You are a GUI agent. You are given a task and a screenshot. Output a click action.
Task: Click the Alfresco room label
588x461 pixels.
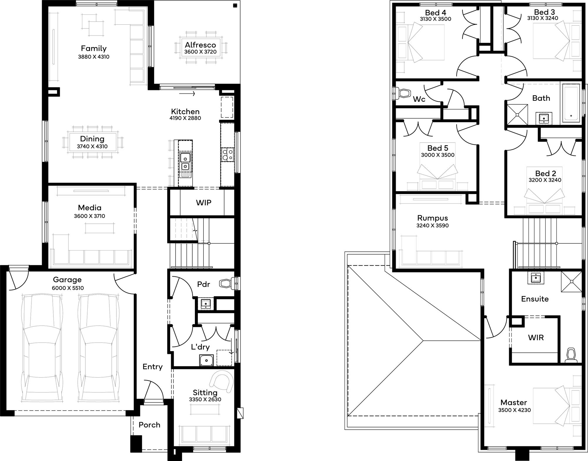pyautogui.click(x=200, y=45)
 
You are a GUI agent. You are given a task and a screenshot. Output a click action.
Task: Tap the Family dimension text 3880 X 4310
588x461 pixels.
pyautogui.click(x=93, y=57)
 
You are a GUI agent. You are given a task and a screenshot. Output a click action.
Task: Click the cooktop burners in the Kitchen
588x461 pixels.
pyautogui.click(x=228, y=155)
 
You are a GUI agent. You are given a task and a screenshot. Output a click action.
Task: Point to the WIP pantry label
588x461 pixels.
pyautogui.click(x=203, y=203)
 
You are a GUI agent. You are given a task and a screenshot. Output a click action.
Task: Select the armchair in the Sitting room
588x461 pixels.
pyautogui.click(x=221, y=381)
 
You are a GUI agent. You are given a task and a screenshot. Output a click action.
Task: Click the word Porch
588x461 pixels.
pyautogui.click(x=149, y=425)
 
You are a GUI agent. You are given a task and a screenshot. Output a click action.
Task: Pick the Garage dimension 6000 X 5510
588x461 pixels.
pyautogui.click(x=68, y=288)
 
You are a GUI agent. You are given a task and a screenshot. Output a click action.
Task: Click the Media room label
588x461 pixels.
pyautogui.click(x=90, y=208)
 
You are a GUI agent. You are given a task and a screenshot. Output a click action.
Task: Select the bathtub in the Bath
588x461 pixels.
pyautogui.click(x=571, y=103)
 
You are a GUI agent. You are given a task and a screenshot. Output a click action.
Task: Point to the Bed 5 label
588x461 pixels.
pyautogui.click(x=438, y=148)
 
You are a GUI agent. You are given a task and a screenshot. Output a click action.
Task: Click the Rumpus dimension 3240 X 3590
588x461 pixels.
pyautogui.click(x=432, y=226)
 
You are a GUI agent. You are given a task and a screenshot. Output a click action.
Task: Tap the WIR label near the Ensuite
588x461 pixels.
pyautogui.click(x=536, y=338)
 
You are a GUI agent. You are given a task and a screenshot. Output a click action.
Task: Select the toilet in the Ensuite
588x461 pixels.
pyautogui.click(x=571, y=355)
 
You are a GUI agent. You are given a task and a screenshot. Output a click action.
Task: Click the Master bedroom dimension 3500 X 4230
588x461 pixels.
pyautogui.click(x=514, y=410)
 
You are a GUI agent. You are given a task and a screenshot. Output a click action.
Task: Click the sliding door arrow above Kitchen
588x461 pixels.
pyautogui.click(x=187, y=94)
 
